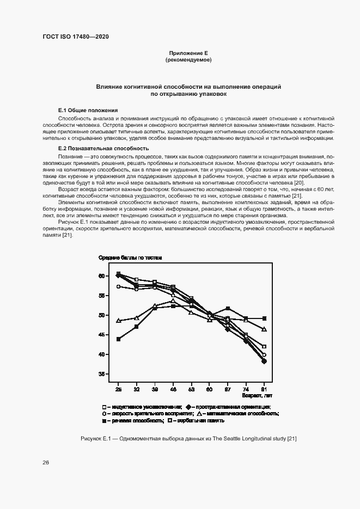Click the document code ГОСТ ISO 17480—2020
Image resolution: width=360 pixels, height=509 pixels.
point(76,36)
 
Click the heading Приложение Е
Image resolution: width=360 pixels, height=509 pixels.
point(188,53)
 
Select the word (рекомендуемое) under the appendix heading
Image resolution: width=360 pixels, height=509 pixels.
point(188,59)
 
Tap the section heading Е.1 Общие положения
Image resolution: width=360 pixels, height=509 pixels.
point(88,110)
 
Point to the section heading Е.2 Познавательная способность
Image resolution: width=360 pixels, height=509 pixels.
point(103,148)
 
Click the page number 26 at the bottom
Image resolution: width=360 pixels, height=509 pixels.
point(46,462)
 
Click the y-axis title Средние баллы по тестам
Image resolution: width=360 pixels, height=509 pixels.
point(130,257)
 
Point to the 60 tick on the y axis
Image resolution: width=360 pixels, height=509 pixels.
point(102,276)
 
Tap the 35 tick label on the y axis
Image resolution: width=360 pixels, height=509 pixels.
point(102,374)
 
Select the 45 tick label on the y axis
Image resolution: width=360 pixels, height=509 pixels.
point(102,335)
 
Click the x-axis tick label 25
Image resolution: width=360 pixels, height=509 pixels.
point(118,390)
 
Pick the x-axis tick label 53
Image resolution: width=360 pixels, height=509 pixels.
point(191,390)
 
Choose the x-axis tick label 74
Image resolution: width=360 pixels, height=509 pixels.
point(246,390)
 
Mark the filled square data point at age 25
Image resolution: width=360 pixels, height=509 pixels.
point(118,339)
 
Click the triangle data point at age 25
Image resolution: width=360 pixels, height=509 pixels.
point(118,321)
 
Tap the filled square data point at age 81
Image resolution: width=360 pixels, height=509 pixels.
point(264,318)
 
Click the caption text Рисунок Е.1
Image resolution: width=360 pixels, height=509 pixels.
point(95,439)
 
